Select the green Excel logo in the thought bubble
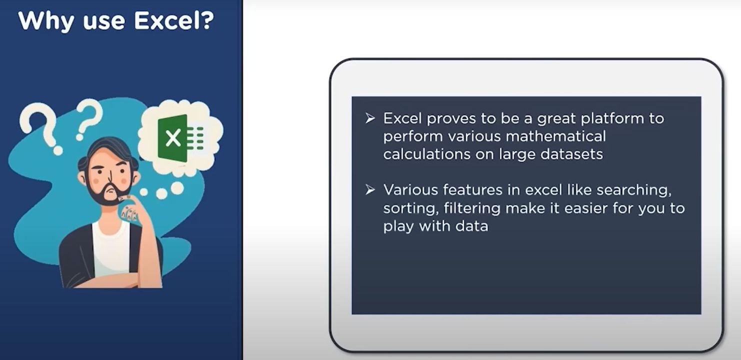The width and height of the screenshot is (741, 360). pos(180,137)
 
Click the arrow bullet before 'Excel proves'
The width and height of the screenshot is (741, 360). pos(370,118)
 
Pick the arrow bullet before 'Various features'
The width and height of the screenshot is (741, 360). pos(370,189)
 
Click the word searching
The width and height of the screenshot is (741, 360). pos(634,190)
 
